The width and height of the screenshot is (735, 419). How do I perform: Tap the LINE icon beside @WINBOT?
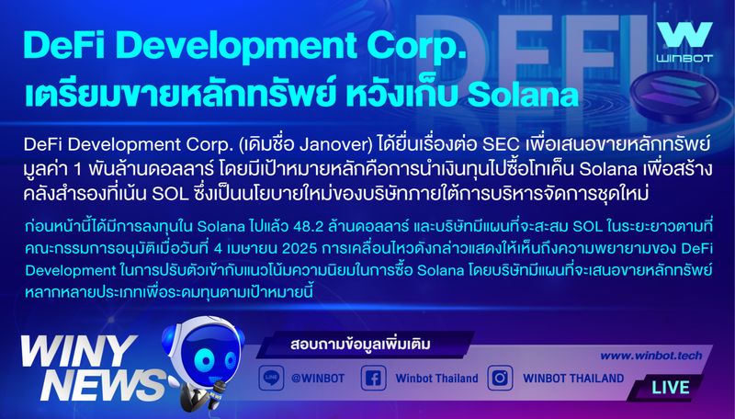pos(270,378)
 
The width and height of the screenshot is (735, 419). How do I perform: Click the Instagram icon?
pos(500,378)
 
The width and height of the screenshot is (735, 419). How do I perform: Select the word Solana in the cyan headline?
pos(519,95)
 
